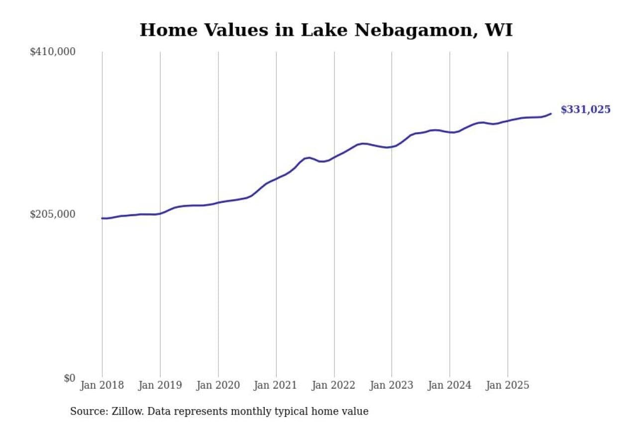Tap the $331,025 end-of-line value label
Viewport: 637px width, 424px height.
pos(585,110)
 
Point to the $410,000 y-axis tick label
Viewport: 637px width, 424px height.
pos(52,52)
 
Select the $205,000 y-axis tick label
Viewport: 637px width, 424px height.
pos(52,214)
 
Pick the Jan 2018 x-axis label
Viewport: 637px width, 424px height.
pos(102,386)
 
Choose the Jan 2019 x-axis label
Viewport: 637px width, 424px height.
pos(160,386)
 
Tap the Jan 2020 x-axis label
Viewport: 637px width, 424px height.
pos(218,386)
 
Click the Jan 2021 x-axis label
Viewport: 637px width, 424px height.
pos(276,386)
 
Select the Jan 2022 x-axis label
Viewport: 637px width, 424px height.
pos(334,386)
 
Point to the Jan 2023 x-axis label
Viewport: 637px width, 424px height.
pos(392,386)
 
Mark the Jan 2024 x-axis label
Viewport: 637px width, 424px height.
pos(450,386)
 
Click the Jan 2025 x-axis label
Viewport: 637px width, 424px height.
pos(508,386)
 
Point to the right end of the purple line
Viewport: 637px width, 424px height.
pos(550,114)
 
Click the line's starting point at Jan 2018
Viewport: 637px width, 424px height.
pos(102,218)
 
